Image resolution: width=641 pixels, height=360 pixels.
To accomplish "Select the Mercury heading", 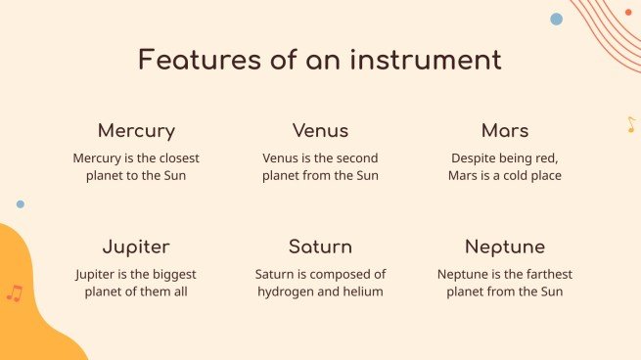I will [136, 130].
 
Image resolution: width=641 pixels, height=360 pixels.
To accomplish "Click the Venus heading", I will [320, 130].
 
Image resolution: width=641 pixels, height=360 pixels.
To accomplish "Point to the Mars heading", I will [505, 130].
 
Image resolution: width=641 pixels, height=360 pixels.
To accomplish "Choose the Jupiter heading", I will [136, 247].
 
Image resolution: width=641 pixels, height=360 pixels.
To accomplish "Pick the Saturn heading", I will [320, 247].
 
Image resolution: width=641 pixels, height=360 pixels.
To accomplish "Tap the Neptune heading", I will [505, 247].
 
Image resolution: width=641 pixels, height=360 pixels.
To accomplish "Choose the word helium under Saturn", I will [362, 292].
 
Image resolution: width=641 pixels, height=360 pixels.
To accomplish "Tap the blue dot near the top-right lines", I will [557, 19].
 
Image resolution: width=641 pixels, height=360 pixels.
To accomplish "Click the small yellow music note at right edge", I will [631, 125].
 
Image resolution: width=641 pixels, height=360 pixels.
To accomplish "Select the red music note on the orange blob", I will [14, 292].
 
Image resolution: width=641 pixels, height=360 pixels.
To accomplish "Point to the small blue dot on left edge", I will [21, 204].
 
